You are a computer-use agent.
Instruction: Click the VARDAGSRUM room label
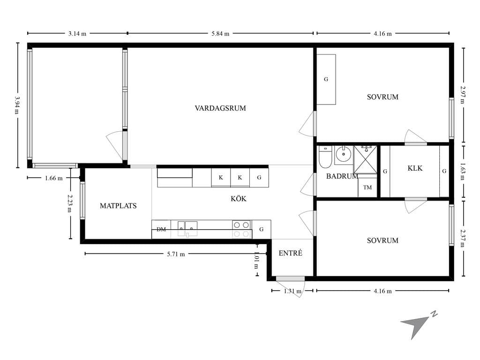point(220,108)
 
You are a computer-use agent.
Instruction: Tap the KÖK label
point(239,199)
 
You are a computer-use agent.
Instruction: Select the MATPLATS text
point(118,206)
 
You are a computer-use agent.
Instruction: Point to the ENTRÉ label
point(291,253)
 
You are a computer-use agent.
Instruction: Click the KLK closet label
point(415,168)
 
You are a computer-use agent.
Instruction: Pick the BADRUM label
point(342,176)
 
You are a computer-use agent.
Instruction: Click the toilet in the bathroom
point(325,157)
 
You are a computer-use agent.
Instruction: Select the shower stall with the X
point(366,160)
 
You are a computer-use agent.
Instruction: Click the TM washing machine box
point(367,187)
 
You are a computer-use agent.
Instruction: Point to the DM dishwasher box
point(161,229)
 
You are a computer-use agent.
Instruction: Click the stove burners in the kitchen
point(241,229)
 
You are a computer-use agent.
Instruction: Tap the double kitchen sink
point(187,229)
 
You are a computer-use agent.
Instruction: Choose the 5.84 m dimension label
point(220,34)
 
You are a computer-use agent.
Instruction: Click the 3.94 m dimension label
point(17,105)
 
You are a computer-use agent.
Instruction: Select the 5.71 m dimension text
point(176,254)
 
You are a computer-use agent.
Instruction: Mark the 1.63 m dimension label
point(463,172)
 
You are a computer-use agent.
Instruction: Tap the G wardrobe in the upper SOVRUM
point(326,79)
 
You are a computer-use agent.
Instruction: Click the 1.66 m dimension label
point(54,178)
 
